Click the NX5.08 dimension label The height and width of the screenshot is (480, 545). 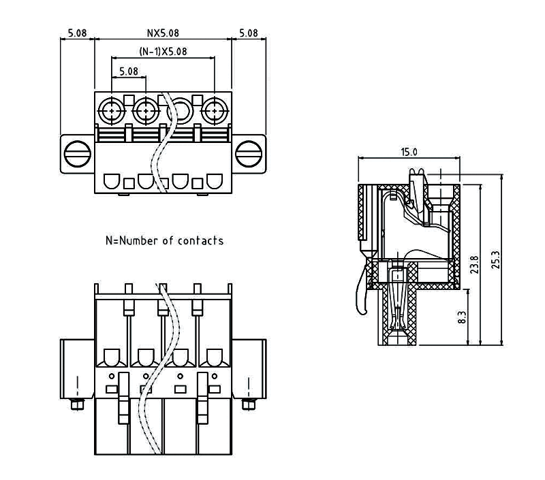163,33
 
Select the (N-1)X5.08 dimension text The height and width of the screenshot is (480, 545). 163,51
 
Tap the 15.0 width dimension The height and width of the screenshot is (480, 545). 409,152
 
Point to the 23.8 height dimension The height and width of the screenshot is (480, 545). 475,264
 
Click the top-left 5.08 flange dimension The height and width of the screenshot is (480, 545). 77,33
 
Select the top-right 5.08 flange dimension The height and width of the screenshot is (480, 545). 249,33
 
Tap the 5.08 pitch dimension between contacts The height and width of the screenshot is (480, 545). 128,70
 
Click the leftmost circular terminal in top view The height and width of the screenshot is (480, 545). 111,108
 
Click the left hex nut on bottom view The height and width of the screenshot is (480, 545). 76,406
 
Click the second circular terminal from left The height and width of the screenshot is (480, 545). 145,108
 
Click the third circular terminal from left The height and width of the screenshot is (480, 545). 180,108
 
